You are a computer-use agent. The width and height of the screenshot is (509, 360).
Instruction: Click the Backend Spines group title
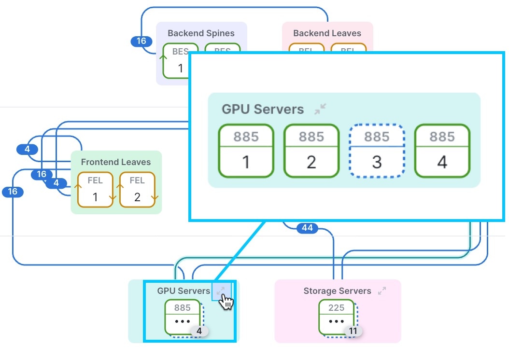pos(201,33)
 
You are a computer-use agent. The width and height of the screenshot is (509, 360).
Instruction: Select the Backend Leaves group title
pos(327,33)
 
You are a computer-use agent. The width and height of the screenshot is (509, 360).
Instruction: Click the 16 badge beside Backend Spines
pos(141,41)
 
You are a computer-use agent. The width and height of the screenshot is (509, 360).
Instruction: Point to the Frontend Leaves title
pos(116,162)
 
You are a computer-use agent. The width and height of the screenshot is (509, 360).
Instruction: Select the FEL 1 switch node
pos(95,190)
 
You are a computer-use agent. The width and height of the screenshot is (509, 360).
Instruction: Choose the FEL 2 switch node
pos(137,190)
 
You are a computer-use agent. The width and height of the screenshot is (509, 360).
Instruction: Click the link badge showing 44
pos(307,228)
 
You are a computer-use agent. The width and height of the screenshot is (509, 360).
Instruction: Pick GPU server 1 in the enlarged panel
pos(246,151)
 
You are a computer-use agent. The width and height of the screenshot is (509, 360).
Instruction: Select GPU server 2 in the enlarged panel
pos(311,151)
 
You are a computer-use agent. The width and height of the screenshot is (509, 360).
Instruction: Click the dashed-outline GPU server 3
pos(377,151)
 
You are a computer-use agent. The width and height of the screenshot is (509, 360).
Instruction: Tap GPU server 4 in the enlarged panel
pos(442,151)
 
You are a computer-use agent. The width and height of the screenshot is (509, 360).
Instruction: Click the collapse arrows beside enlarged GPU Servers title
pos(320,109)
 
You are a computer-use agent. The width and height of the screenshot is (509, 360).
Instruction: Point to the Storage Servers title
pos(337,291)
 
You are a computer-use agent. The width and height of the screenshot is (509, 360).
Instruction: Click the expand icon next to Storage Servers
pos(382,291)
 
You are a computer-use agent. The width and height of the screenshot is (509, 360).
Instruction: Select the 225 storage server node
pos(336,316)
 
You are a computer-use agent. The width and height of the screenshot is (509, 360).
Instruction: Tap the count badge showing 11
pos(353,332)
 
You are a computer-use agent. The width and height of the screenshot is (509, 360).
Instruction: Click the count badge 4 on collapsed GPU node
pos(199,332)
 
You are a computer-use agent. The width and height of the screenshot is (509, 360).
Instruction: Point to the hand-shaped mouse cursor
pos(226,302)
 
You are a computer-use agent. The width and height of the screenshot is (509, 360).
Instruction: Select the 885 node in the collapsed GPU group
pos(182,316)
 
